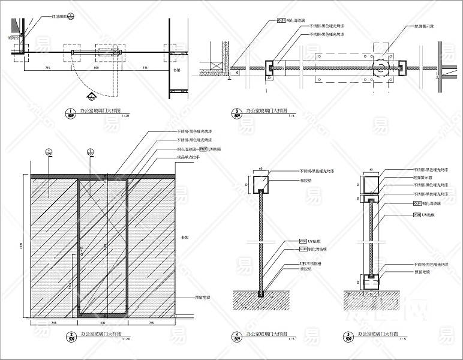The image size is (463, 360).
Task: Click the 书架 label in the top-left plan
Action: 176,70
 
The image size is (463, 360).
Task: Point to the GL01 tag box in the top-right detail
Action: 281,20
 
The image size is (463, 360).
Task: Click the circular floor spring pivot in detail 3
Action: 379,68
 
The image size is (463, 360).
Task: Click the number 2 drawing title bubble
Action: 71,336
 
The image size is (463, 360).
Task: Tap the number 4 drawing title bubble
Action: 239,336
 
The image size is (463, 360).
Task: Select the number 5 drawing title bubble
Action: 348,336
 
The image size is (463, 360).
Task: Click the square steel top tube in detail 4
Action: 260,183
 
